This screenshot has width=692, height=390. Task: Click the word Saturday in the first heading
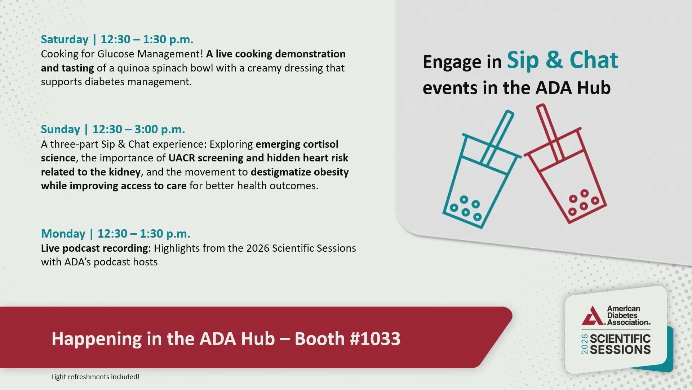65,39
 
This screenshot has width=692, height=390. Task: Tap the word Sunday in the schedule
61,129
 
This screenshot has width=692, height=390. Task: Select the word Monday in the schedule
63,234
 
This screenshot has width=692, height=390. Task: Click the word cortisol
320,144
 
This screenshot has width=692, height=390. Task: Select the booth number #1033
375,339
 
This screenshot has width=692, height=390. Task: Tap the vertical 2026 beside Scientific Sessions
585,344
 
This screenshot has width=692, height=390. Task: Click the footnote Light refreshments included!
95,377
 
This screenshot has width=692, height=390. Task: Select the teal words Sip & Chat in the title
563,60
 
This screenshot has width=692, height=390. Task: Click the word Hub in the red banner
258,339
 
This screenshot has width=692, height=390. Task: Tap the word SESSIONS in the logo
620,350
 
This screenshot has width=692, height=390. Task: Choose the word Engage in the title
452,62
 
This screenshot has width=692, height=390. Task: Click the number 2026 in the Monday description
258,248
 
